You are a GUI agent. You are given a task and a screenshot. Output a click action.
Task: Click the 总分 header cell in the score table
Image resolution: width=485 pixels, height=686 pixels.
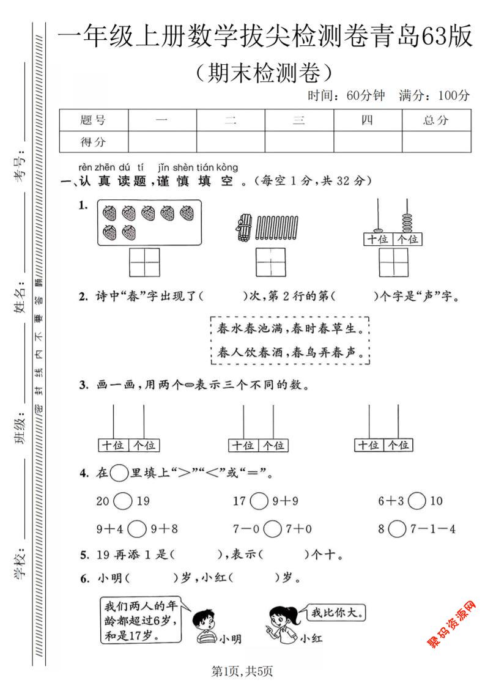pos(436,120)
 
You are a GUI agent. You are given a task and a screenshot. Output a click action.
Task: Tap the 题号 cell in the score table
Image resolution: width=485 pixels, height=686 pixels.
pos(94,120)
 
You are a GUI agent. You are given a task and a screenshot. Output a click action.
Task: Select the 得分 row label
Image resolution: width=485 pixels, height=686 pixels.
pos(94,142)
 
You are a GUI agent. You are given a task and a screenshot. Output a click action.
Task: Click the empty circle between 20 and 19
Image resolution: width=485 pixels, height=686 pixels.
pos(123,501)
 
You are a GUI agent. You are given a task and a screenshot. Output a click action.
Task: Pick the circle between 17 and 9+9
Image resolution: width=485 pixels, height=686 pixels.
pos(259,501)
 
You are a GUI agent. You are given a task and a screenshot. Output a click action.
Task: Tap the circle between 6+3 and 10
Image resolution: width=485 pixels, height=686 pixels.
pos(417,501)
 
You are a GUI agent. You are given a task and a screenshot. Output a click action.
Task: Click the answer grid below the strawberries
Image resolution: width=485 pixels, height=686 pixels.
pos(144,262)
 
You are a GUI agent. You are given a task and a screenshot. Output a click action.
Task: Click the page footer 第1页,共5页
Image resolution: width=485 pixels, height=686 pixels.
pos(242,671)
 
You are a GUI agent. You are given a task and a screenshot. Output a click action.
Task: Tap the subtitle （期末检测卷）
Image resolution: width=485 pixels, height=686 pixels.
pos(264,73)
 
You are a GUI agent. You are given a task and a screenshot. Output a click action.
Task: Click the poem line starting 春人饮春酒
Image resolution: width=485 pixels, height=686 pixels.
pos(290,353)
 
